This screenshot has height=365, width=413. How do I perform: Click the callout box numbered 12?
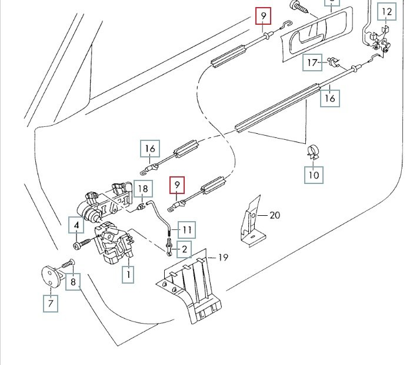coord(387,12)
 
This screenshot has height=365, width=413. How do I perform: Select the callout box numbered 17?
coord(312,63)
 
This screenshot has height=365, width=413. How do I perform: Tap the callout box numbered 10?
coord(314,175)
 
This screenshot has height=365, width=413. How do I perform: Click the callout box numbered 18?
coord(143,189)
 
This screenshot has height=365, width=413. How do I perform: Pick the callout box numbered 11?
coord(186,230)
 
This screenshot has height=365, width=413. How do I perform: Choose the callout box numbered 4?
coord(76,225)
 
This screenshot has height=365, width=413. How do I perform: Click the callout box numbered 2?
coord(184,249)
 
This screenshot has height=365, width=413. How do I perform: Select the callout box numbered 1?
coord(128,274)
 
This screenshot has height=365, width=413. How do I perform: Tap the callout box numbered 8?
coord(73,282)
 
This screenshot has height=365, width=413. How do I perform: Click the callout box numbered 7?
coord(51,304)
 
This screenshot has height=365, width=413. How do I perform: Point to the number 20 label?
coord(275,215)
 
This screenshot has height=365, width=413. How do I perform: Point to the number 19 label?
coord(223,257)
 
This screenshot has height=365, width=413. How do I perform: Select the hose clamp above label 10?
coord(313,152)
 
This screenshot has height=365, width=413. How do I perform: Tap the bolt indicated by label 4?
coord(82,244)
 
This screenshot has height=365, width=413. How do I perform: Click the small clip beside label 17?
coord(334,63)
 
